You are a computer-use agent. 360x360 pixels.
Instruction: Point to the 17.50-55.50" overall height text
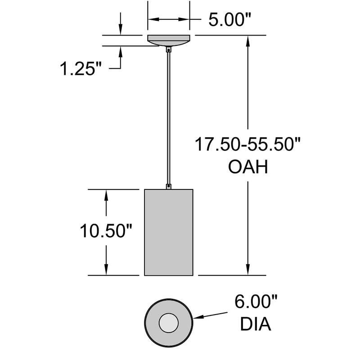tap(247, 145)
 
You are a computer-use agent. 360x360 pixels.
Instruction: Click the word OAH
tap(248, 167)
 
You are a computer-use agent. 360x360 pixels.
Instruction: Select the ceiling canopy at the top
tap(169, 40)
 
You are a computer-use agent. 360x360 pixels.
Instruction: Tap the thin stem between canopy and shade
tap(169, 117)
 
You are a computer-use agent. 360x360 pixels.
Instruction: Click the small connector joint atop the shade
tap(169, 185)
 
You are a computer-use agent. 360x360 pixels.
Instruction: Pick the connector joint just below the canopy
tap(169, 50)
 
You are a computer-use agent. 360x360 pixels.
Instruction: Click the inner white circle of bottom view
tap(169, 321)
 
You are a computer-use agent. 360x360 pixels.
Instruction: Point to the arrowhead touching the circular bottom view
tap(198, 317)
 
